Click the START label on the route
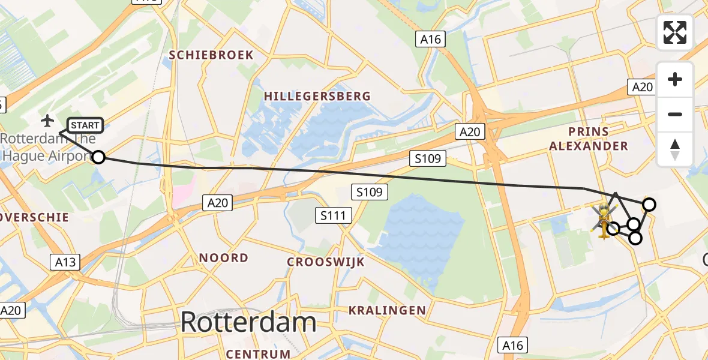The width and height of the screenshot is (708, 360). pyautogui.click(x=85, y=125)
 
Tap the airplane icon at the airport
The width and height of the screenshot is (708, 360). pyautogui.click(x=47, y=121)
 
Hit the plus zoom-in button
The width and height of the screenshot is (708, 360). pyautogui.click(x=675, y=80)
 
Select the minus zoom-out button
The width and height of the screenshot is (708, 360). pyautogui.click(x=675, y=114)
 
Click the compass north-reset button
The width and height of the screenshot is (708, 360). pyautogui.click(x=675, y=149)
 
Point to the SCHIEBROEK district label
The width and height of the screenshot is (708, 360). pyautogui.click(x=211, y=55)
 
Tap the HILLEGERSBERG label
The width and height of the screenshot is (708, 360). pyautogui.click(x=317, y=96)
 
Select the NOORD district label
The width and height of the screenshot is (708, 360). pyautogui.click(x=224, y=258)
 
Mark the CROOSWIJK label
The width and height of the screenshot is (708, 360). pyautogui.click(x=326, y=262)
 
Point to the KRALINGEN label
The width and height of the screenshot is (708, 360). pyautogui.click(x=388, y=310)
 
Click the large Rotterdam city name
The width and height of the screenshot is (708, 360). pyautogui.click(x=248, y=322)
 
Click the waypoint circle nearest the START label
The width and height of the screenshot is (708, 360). pyautogui.click(x=98, y=157)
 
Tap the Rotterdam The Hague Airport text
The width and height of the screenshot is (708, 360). pyautogui.click(x=48, y=148)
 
